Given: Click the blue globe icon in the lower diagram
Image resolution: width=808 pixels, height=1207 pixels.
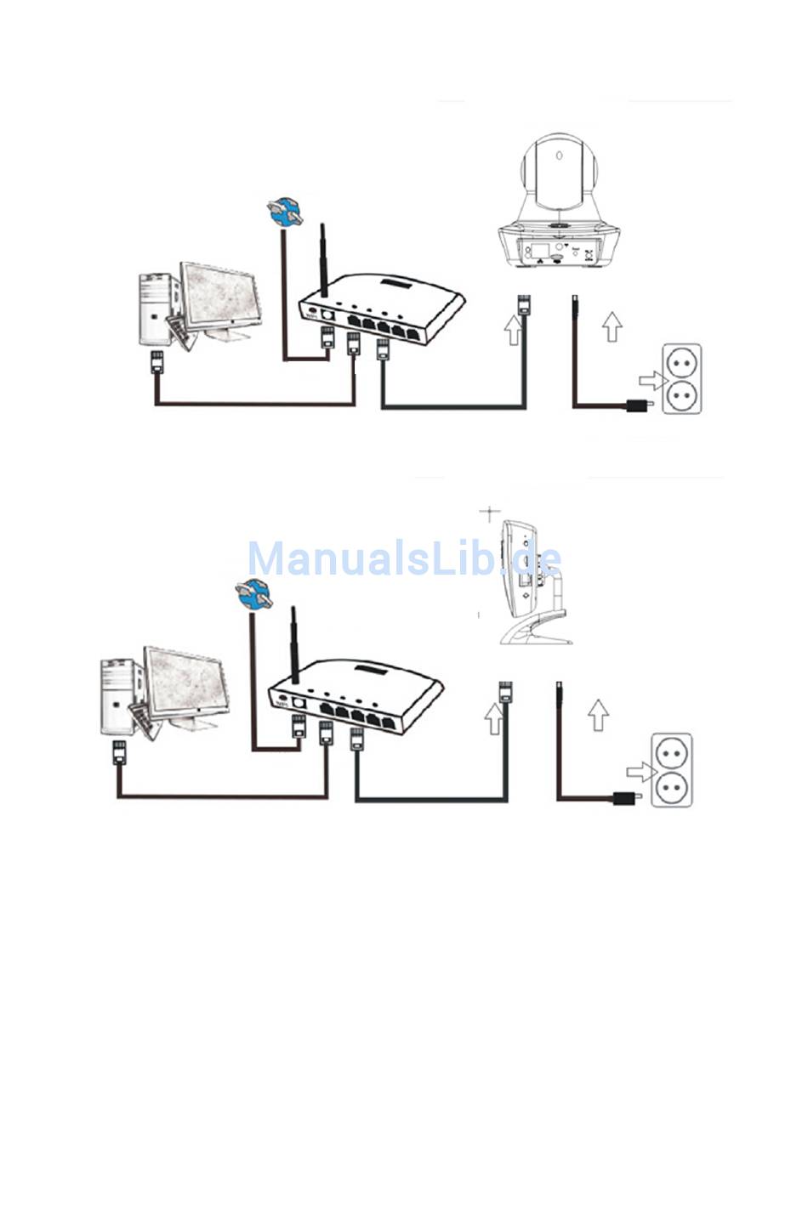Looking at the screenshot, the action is coord(251,594).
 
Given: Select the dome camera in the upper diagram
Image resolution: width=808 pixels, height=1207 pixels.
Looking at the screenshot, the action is coord(560,204).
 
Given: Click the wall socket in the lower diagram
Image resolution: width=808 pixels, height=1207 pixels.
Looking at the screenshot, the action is coord(671,770).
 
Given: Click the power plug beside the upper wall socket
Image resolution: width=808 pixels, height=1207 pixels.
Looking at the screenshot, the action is coord(640,405).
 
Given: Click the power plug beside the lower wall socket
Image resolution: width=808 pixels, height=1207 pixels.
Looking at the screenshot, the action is coord(627,797).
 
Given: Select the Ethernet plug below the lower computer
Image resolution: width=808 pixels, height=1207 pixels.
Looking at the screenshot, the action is coord(119,751).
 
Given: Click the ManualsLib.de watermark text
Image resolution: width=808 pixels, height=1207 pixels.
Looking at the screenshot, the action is coord(404,559).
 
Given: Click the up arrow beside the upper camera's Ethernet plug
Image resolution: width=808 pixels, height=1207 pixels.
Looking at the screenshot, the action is coord(512,329).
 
